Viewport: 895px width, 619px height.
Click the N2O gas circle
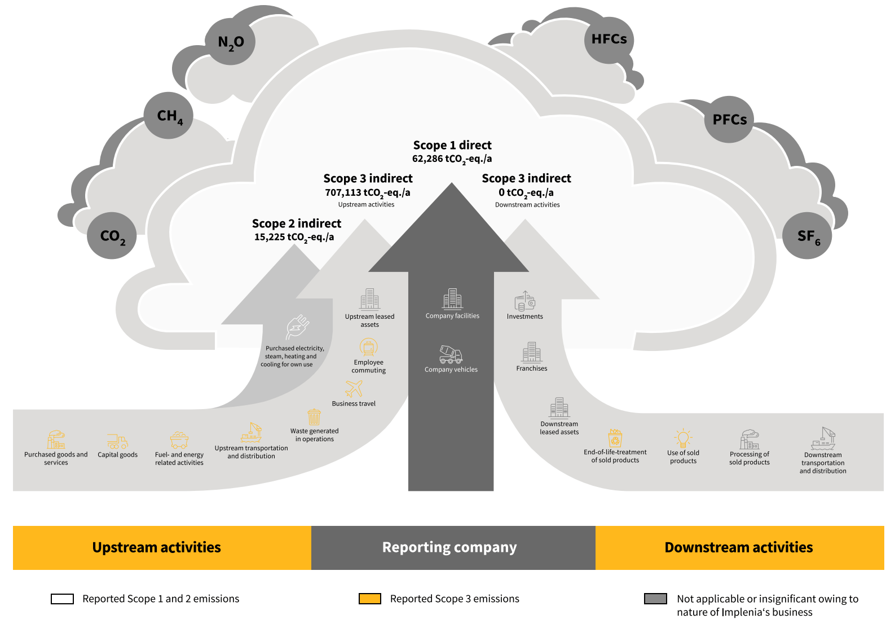pyautogui.click(x=230, y=41)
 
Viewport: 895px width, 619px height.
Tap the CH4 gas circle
pyautogui.click(x=169, y=116)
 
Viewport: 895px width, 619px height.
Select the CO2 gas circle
pyautogui.click(x=112, y=235)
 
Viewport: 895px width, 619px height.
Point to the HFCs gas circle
pyautogui.click(x=609, y=39)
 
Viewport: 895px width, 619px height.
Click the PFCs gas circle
pyautogui.click(x=729, y=120)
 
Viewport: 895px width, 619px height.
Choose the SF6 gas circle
pyautogui.click(x=808, y=236)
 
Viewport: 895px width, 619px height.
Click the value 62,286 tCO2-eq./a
pyautogui.click(x=452, y=159)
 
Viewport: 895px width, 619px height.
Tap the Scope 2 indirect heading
pyautogui.click(x=297, y=223)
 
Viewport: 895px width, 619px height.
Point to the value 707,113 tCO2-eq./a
pyautogui.click(x=368, y=193)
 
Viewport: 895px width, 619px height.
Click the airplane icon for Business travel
pyautogui.click(x=354, y=388)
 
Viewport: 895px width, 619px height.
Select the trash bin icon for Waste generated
pyautogui.click(x=314, y=417)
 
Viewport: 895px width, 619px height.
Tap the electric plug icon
pyautogui.click(x=297, y=327)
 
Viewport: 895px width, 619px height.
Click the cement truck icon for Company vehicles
pyautogui.click(x=451, y=354)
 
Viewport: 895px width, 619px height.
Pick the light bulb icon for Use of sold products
pyautogui.click(x=683, y=438)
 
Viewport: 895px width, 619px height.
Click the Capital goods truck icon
pyautogui.click(x=117, y=441)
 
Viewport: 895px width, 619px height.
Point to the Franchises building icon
pyautogui.click(x=531, y=352)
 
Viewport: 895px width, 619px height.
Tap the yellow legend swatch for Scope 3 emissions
pyautogui.click(x=370, y=599)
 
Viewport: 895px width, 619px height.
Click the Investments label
pyautogui.click(x=524, y=317)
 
